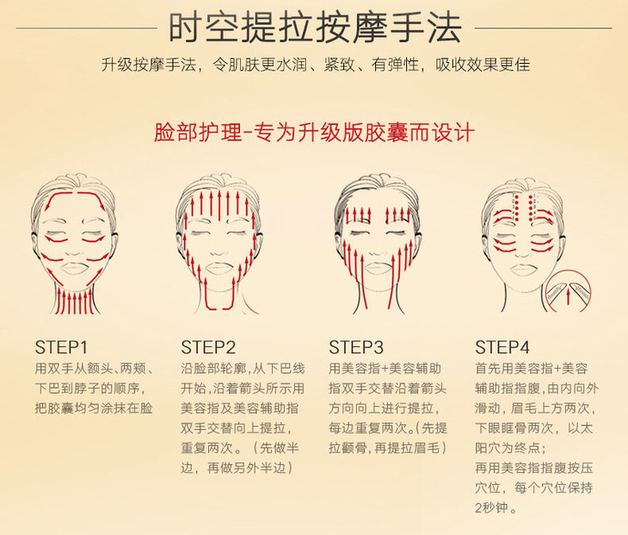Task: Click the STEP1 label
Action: point(61,348)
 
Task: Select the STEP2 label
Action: point(208,348)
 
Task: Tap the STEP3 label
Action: point(356,348)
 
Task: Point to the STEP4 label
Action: point(502,348)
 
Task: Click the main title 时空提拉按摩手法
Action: point(315,28)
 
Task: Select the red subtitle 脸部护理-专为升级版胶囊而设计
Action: point(314,132)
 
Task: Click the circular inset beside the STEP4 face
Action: point(568,291)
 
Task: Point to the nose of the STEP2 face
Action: point(219,250)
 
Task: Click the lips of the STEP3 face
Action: point(376,267)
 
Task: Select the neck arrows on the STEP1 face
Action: point(75,302)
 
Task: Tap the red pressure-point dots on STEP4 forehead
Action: point(525,208)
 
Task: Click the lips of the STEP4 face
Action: point(523,270)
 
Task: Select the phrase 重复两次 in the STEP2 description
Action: point(207,448)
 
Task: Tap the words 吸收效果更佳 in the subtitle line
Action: point(483,65)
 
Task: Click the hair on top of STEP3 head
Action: point(377,186)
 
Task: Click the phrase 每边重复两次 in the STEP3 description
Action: point(368,428)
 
